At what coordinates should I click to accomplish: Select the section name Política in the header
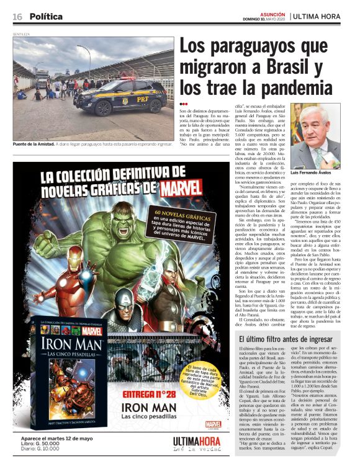tap(45, 16)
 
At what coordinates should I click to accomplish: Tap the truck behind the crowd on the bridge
tap(40, 78)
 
